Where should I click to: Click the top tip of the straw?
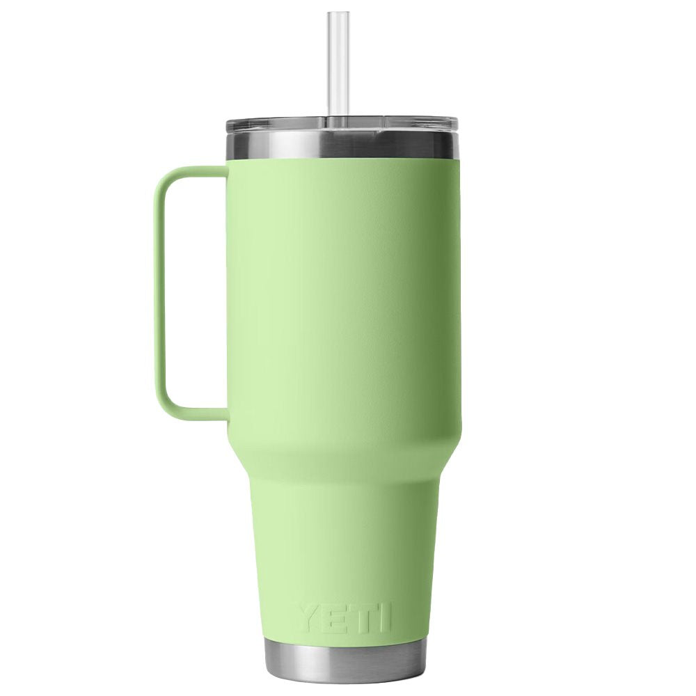pos(341,14)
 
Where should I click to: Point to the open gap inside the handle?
pos(198,292)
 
